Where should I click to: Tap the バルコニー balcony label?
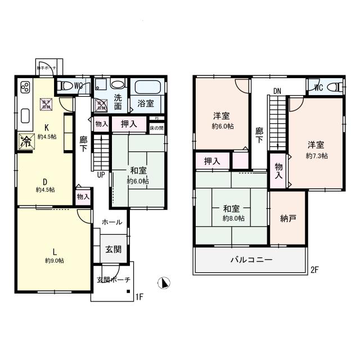point(251,260)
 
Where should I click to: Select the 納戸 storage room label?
point(288,218)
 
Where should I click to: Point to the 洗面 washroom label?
point(118,101)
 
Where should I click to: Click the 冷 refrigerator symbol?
point(25,141)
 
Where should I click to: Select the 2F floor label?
point(315,270)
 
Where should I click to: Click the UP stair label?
point(101,174)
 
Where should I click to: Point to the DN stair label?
point(277,91)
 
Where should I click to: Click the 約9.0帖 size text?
point(55,260)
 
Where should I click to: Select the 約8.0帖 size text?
point(233,218)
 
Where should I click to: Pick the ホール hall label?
point(112,223)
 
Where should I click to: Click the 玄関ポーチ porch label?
point(113,280)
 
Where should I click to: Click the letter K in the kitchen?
point(47,127)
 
